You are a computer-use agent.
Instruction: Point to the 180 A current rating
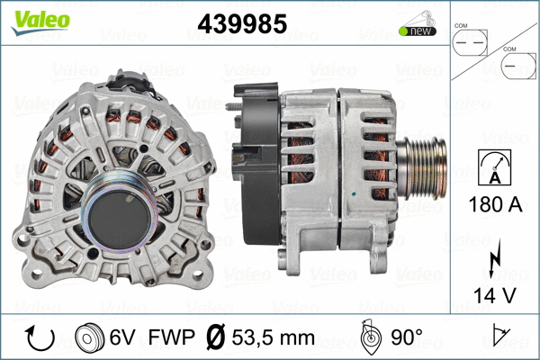495,204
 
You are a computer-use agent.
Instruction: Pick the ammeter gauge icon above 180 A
495,167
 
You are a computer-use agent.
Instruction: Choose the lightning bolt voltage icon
494,257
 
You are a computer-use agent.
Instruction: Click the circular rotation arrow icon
40,337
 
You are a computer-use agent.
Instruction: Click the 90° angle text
406,338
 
